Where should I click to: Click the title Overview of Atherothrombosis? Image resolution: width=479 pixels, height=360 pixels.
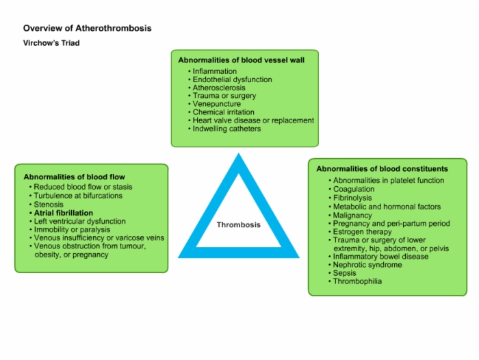[88, 28]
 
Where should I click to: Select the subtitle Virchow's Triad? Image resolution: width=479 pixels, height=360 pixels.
[51, 43]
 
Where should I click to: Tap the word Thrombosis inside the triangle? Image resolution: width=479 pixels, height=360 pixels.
[239, 224]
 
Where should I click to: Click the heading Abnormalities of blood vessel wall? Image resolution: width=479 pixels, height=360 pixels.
[242, 60]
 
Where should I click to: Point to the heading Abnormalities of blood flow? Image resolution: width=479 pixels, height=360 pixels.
[74, 177]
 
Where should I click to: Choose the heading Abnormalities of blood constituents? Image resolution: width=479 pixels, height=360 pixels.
[382, 168]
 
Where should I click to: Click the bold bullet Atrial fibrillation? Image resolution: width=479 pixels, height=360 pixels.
[64, 213]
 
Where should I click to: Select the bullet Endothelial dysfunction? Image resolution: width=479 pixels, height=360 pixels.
[232, 79]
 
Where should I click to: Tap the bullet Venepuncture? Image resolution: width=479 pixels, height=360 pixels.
[217, 104]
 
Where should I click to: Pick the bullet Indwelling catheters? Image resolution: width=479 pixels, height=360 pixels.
[226, 129]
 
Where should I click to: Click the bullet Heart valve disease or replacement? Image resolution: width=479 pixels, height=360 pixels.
[253, 120]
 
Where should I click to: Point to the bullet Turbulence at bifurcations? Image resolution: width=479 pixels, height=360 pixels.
[78, 196]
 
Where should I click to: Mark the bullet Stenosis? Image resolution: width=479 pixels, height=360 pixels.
[49, 204]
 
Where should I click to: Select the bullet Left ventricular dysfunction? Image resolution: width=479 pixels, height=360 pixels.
[80, 221]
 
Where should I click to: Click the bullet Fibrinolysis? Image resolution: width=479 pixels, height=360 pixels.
[352, 198]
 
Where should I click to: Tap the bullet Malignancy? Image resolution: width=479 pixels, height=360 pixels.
[352, 215]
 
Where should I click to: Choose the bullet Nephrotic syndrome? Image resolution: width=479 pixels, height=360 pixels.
[367, 265]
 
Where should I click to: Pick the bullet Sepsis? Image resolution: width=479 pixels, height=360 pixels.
[345, 273]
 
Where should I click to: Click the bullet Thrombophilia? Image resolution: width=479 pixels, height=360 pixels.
[357, 281]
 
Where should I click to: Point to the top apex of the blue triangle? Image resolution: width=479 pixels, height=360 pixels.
[239, 153]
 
